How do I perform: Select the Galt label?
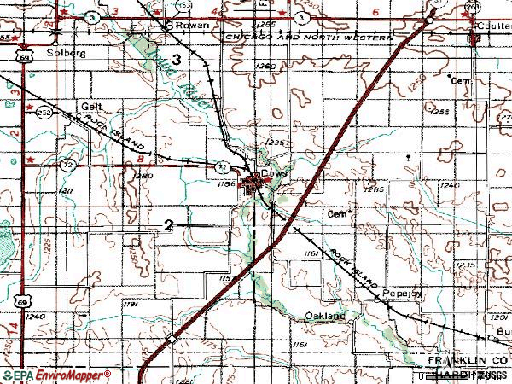point(91,107)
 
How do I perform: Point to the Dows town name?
point(271,172)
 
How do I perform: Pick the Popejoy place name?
point(407,291)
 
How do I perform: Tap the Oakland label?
point(324,316)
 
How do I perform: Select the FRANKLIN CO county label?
point(464,362)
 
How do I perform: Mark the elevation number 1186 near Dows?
point(226,183)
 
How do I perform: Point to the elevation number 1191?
point(131,304)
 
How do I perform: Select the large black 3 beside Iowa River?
point(176,59)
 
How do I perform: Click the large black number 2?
point(169,225)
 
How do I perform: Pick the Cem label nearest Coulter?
point(461,80)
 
